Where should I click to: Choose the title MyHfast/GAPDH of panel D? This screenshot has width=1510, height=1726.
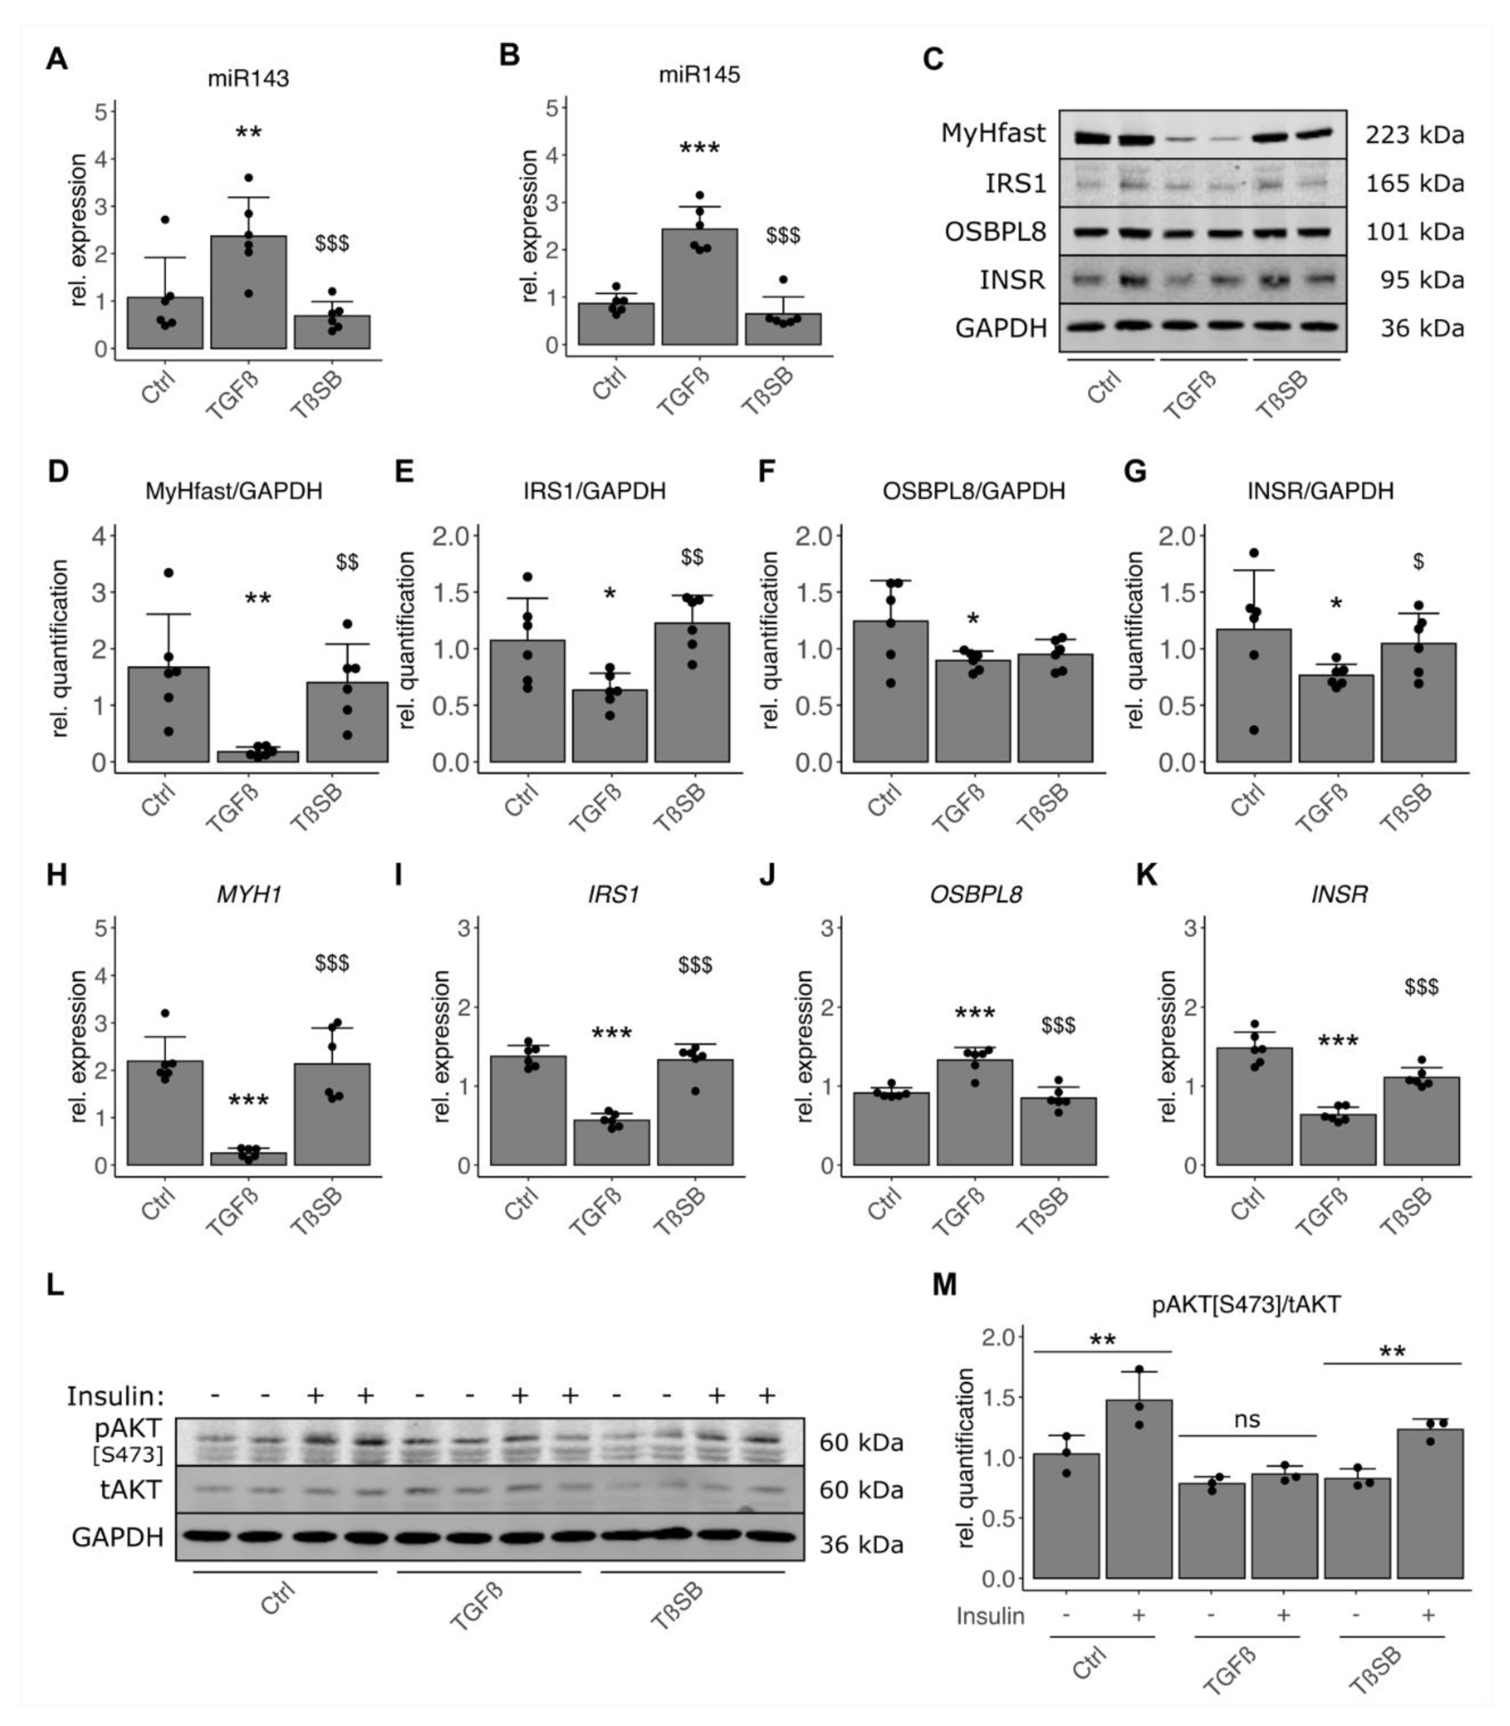[x=233, y=491]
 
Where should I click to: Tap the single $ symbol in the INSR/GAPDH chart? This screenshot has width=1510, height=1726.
[x=1419, y=562]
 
